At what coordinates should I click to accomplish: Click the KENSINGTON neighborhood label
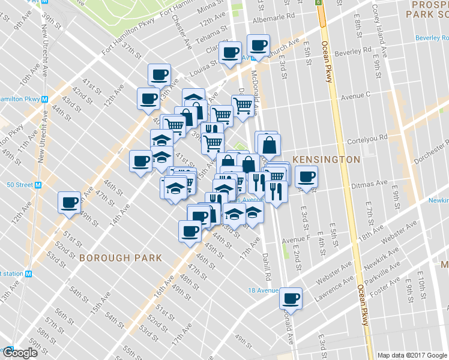326,160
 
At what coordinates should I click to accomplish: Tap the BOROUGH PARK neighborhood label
120,257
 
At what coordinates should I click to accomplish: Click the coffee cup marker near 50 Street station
68,202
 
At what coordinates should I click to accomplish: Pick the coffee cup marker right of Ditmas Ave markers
306,176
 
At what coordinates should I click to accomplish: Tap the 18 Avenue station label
264,290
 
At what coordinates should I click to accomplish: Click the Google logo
20,352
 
